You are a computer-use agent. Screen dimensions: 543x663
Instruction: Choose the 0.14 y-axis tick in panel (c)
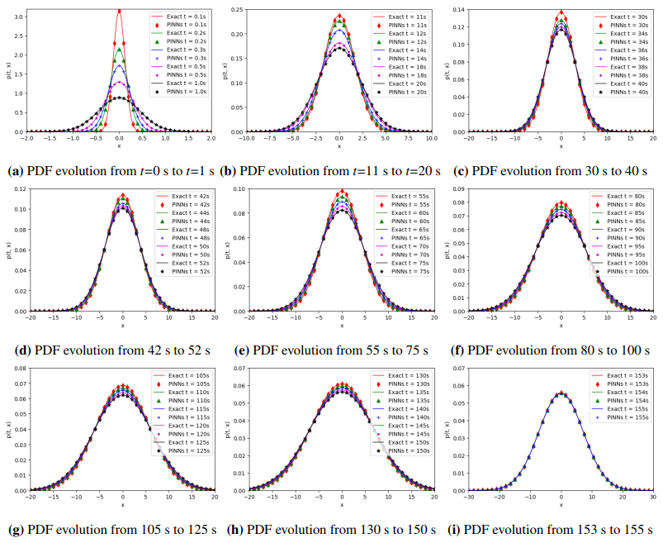coord(457,8)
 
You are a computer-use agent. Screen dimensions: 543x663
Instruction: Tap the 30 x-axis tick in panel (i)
coord(652,499)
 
